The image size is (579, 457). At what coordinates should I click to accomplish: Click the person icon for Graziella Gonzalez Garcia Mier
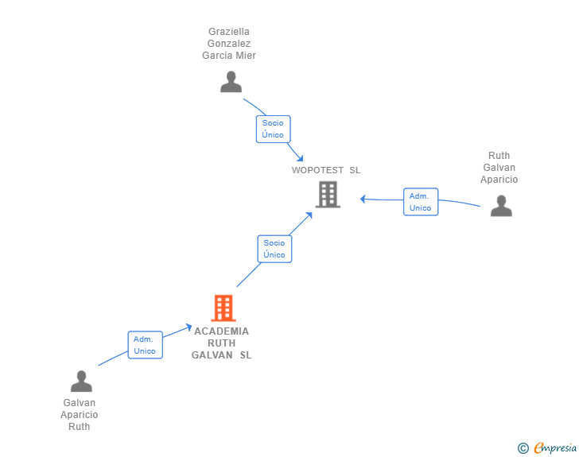click(231, 82)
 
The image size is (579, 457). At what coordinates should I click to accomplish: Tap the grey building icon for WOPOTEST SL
click(328, 194)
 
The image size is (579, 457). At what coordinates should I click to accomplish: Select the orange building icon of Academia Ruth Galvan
click(223, 308)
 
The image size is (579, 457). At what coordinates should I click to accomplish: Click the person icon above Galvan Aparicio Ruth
click(81, 381)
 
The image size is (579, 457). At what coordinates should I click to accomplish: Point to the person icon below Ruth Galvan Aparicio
click(501, 206)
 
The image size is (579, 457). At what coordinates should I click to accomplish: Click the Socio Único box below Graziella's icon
click(273, 129)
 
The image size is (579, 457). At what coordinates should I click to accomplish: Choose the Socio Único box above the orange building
click(274, 249)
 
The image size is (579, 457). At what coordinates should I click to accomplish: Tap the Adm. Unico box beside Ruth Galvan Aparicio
click(420, 202)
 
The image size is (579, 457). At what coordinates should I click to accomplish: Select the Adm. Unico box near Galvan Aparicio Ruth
click(145, 345)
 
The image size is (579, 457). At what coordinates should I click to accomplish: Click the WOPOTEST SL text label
click(326, 170)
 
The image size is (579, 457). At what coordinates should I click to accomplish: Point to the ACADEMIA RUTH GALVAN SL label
click(222, 343)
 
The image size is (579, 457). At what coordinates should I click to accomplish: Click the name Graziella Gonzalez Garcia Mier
click(229, 44)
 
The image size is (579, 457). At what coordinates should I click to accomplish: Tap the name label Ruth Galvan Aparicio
click(499, 168)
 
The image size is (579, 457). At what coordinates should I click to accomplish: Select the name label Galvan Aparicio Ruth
click(80, 415)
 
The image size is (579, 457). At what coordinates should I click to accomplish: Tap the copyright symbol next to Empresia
click(523, 448)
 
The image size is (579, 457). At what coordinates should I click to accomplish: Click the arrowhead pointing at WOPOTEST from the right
click(363, 199)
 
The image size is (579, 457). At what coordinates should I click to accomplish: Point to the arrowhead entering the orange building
click(188, 325)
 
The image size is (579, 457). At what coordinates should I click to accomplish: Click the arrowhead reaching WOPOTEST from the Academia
click(310, 215)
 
